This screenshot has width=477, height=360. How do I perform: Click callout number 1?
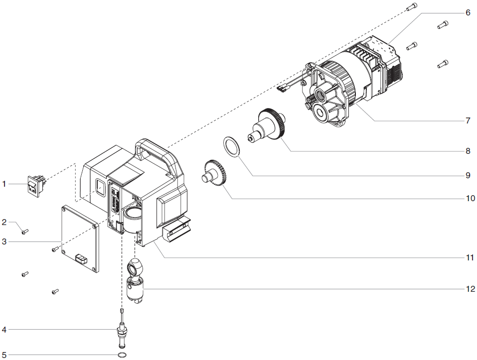pos(4,184)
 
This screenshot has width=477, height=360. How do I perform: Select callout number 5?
pos(4,355)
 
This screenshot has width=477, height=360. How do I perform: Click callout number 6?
pos(468,12)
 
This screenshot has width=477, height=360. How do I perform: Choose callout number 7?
pos(468,121)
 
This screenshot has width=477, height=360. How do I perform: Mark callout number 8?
pos(468,149)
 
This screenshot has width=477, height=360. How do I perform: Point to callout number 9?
pos(468,175)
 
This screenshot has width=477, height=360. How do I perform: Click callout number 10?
pos(468,198)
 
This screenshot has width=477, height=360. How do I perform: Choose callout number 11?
pos(468,257)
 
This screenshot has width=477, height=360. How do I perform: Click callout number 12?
pos(468,288)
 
